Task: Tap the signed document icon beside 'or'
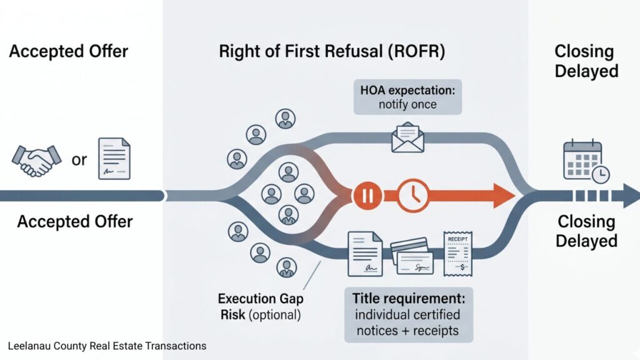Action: [114, 159]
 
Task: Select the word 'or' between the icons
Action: [79, 160]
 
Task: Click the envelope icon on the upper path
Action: [407, 137]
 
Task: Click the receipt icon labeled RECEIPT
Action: [458, 253]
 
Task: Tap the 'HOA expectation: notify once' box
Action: [407, 97]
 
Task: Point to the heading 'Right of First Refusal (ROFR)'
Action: [332, 51]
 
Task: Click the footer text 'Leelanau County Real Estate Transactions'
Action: [107, 346]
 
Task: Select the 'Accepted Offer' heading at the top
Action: [69, 51]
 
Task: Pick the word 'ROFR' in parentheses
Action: [417, 51]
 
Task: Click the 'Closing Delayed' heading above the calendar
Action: [586, 61]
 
